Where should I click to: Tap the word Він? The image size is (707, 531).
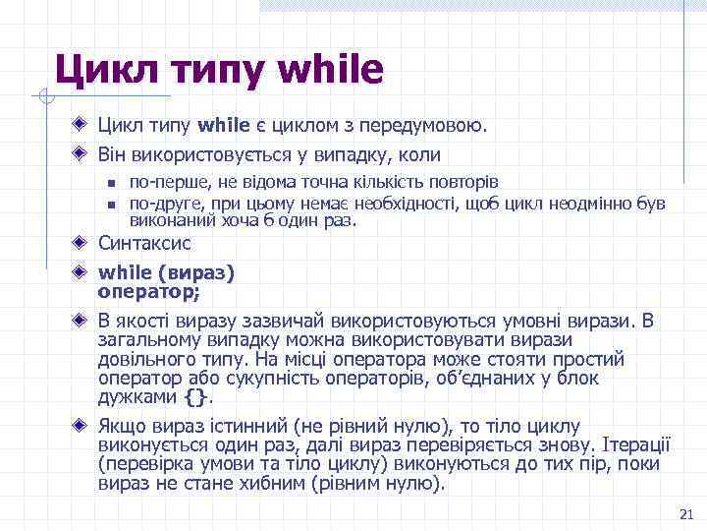pyautogui.click(x=114, y=154)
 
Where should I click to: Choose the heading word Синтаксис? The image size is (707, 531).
pyautogui.click(x=144, y=243)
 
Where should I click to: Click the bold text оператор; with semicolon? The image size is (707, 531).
pyautogui.click(x=148, y=291)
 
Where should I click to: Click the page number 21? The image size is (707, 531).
pyautogui.click(x=685, y=514)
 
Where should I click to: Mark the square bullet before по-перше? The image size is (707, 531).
pyautogui.click(x=112, y=183)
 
